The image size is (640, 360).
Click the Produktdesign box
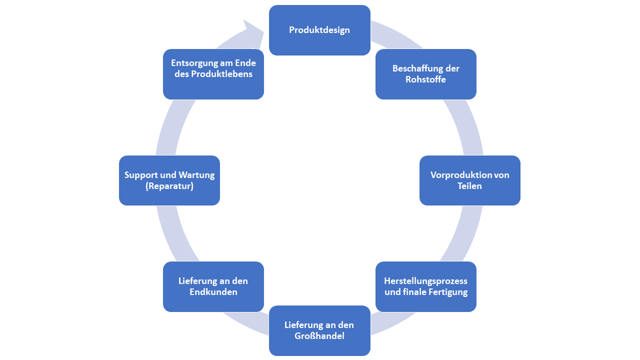point(319,30)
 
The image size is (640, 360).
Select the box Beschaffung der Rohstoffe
point(426,74)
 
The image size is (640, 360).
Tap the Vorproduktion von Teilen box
point(470,180)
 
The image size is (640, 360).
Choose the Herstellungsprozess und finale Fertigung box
point(426,286)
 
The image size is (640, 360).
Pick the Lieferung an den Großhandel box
point(319,330)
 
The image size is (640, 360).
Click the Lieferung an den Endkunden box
point(213,286)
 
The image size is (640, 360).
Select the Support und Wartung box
point(169,180)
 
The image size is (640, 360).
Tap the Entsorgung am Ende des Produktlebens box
point(213,74)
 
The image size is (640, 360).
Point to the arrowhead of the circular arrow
point(255,31)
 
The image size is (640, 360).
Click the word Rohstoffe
point(426,79)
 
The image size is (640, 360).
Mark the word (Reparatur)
point(169,186)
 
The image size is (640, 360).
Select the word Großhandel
point(319,336)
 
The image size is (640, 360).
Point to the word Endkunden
point(213,292)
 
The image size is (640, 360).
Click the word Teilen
point(470,186)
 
